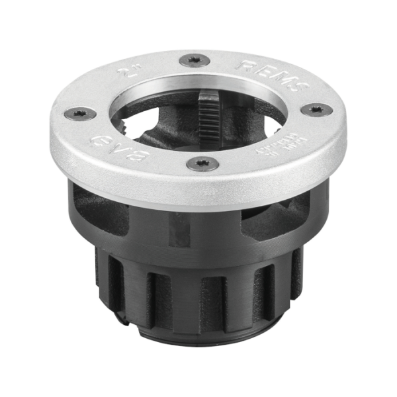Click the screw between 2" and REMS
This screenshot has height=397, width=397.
(193, 61)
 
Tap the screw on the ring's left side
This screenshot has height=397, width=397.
(80, 114)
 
